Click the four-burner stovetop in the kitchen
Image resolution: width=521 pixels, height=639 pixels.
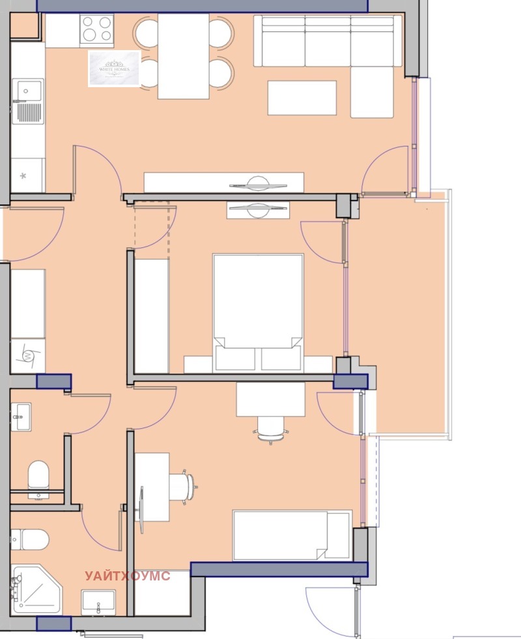click(96, 29)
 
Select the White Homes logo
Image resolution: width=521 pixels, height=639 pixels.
click(115, 68)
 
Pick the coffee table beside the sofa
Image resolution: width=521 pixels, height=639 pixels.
click(302, 98)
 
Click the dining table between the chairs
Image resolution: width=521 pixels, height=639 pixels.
click(183, 56)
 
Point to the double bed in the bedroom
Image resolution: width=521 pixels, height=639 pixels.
click(258, 306)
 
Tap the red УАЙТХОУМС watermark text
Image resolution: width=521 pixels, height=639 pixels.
click(128, 576)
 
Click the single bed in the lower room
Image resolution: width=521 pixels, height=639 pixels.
click(292, 536)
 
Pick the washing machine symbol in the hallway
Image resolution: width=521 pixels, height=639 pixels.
click(27, 355)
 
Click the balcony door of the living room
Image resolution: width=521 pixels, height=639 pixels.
click(387, 170)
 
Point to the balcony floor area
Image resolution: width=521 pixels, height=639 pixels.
click(399, 312)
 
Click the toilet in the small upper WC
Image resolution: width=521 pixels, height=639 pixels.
click(38, 474)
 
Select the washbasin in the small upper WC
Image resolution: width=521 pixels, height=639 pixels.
click(20, 416)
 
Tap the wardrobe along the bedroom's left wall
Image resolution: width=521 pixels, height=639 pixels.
click(151, 316)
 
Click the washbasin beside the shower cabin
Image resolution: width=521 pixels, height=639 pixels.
click(98, 601)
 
